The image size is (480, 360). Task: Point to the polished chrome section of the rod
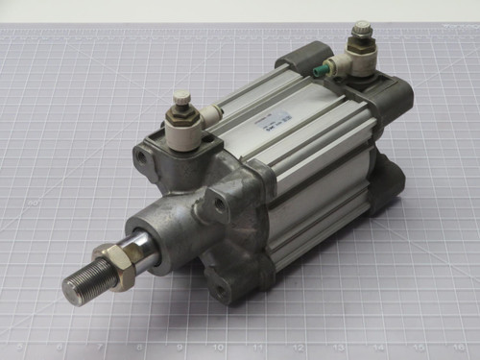coord(144,252)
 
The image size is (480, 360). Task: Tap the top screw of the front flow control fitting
coord(180,97)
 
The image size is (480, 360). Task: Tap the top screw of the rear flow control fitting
coord(362,30)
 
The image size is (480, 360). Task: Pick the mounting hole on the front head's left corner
coord(144,154)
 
